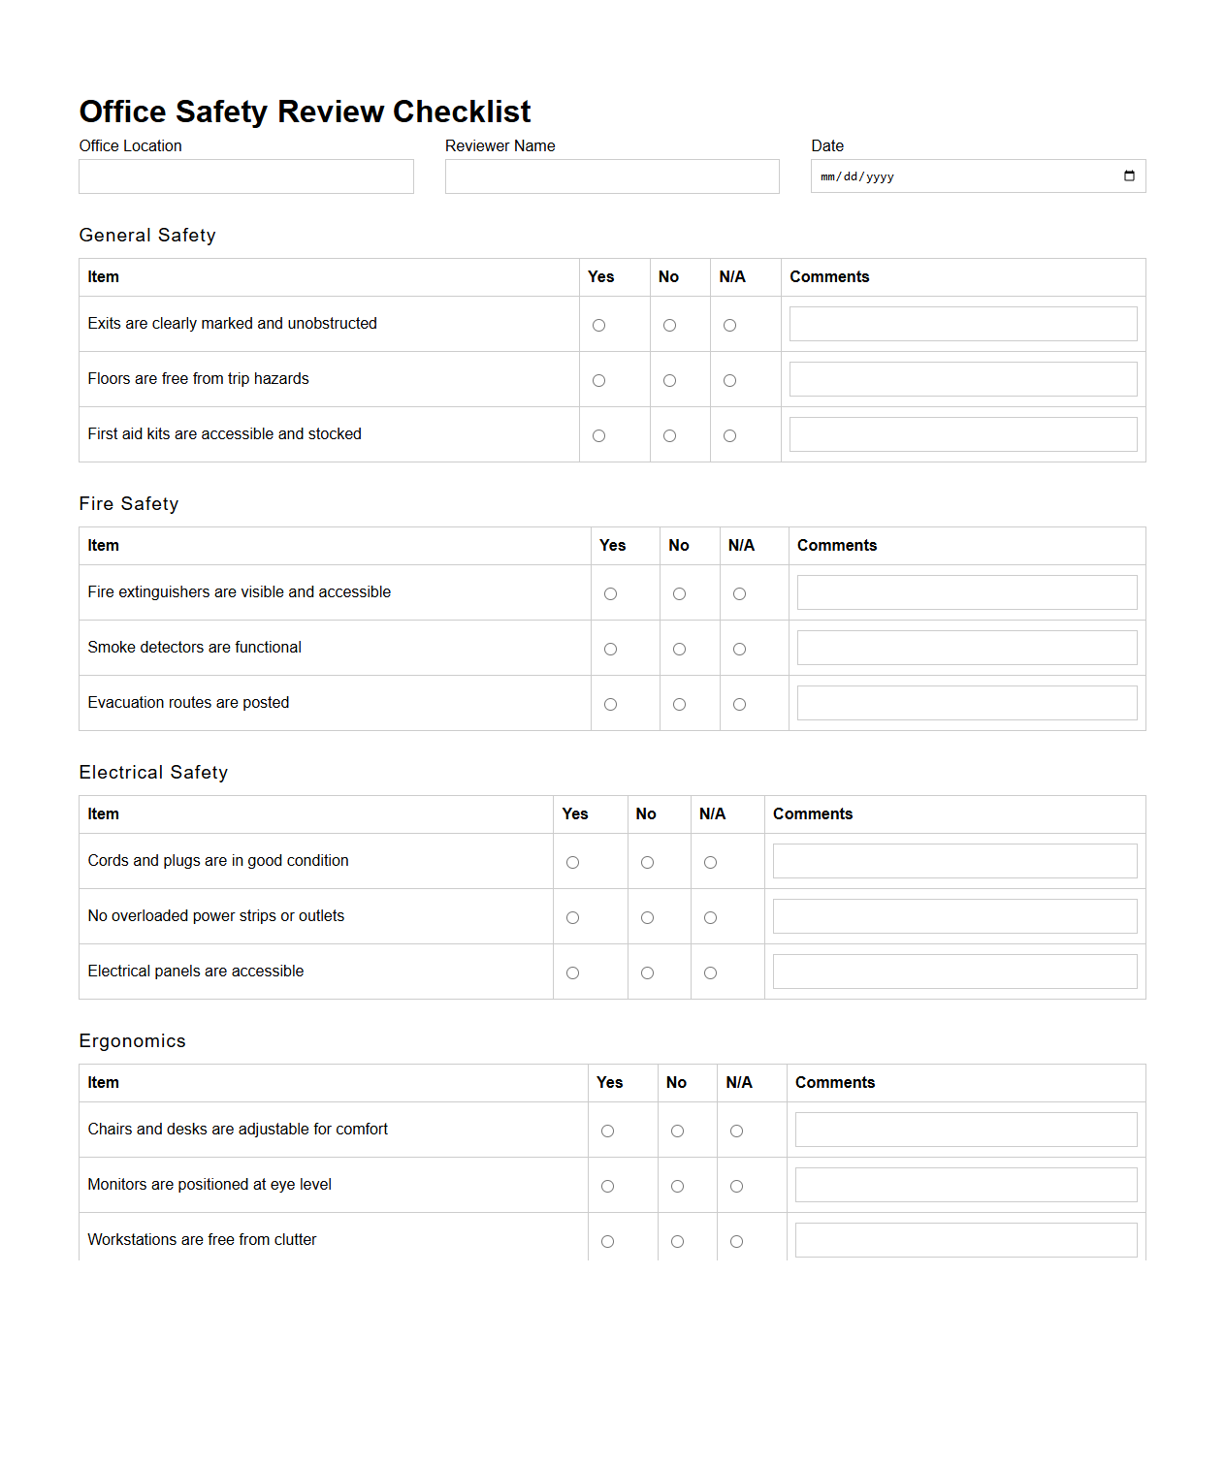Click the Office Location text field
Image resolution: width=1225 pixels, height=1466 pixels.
245,176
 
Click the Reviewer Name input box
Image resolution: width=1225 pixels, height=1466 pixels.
611,176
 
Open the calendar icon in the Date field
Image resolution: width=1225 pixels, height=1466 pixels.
1129,176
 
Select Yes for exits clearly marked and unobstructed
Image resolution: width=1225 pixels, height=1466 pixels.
598,326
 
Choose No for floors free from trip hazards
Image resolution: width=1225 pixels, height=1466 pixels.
669,381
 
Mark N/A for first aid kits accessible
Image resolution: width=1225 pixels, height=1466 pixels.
729,436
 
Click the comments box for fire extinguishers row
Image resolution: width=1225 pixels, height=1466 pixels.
966,592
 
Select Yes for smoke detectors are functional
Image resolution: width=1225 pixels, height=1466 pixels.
610,650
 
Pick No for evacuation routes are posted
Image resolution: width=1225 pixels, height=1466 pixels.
679,705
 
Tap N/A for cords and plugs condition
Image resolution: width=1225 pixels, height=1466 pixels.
710,863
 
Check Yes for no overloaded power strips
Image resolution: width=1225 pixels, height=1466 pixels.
572,918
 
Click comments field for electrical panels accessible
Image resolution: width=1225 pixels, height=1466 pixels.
954,972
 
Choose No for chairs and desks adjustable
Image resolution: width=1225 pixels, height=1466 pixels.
677,1131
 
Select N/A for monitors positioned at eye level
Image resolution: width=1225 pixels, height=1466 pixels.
736,1187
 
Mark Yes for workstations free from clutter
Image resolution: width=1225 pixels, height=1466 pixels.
607,1242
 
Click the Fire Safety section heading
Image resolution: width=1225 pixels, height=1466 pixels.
129,504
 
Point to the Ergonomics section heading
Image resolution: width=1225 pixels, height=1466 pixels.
132,1041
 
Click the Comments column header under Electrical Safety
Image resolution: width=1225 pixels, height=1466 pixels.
812,814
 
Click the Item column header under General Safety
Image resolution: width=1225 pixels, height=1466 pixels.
103,277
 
